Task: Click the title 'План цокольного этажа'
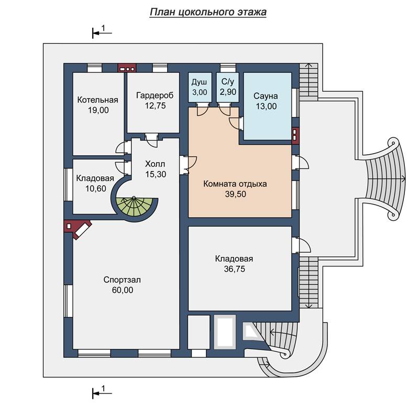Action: (x=208, y=12)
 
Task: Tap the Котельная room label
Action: (x=97, y=100)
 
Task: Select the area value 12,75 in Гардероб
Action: (x=155, y=106)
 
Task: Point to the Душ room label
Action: (x=200, y=82)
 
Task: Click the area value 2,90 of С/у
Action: (x=228, y=92)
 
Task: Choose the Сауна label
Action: (x=266, y=96)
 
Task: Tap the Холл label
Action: (x=155, y=164)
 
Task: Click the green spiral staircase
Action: (x=136, y=208)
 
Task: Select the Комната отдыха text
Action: (x=235, y=184)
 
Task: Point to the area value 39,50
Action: (x=235, y=194)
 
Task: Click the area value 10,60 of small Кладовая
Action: (x=96, y=188)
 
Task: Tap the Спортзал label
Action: (x=122, y=280)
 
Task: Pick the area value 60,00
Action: (x=123, y=290)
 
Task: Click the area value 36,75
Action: (x=235, y=269)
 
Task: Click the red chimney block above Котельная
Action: (x=127, y=68)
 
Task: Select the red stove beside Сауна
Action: (x=295, y=135)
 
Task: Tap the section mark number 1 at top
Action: (x=104, y=28)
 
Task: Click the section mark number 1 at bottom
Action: (x=104, y=388)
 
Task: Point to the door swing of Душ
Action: (x=203, y=109)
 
